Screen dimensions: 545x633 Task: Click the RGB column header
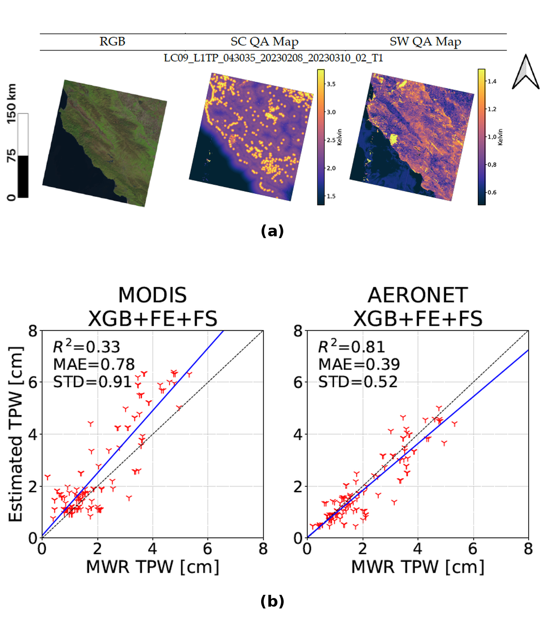point(112,41)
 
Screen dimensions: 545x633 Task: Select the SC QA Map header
point(264,42)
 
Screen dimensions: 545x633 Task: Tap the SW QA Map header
point(425,42)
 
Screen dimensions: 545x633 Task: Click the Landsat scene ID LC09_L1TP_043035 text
point(273,58)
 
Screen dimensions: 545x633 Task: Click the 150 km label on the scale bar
point(11,104)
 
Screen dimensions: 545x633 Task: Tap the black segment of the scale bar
point(23,176)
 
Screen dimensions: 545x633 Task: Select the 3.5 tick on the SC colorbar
point(331,84)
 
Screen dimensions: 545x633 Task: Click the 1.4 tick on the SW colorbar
point(492,81)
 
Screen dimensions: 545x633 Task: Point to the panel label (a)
point(272,231)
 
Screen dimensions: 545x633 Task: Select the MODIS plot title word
point(153,295)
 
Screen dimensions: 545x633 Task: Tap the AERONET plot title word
point(418,295)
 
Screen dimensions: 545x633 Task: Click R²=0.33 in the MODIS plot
point(86,346)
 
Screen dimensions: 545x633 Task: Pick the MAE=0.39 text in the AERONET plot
point(359,364)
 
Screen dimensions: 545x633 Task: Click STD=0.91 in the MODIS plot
point(92,382)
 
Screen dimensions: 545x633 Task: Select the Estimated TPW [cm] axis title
point(15,434)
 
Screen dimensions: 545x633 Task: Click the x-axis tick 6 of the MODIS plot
point(208,549)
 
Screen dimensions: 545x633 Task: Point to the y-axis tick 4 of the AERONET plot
point(298,434)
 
